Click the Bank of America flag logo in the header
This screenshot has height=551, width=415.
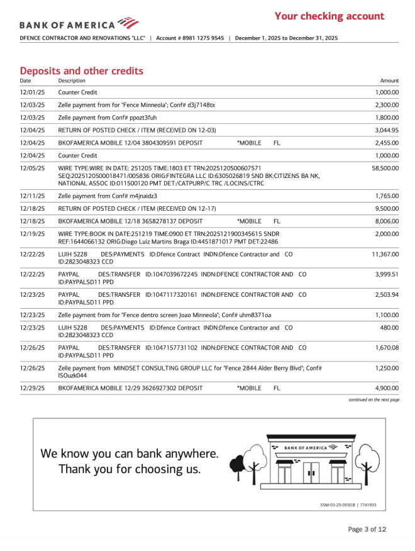(x=128, y=23)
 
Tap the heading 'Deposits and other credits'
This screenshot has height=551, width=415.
(x=81, y=70)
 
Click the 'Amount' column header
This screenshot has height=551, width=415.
(x=390, y=81)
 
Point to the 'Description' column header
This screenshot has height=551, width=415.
(x=72, y=81)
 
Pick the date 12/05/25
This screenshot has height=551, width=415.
(x=32, y=169)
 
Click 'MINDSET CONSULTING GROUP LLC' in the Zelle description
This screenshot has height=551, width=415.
(x=158, y=368)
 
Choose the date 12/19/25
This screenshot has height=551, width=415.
(x=32, y=234)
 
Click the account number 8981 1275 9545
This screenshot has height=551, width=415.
(x=200, y=38)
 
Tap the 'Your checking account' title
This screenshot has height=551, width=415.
(x=329, y=16)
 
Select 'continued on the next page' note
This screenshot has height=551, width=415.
(x=373, y=399)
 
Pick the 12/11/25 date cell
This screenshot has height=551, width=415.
(x=32, y=196)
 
